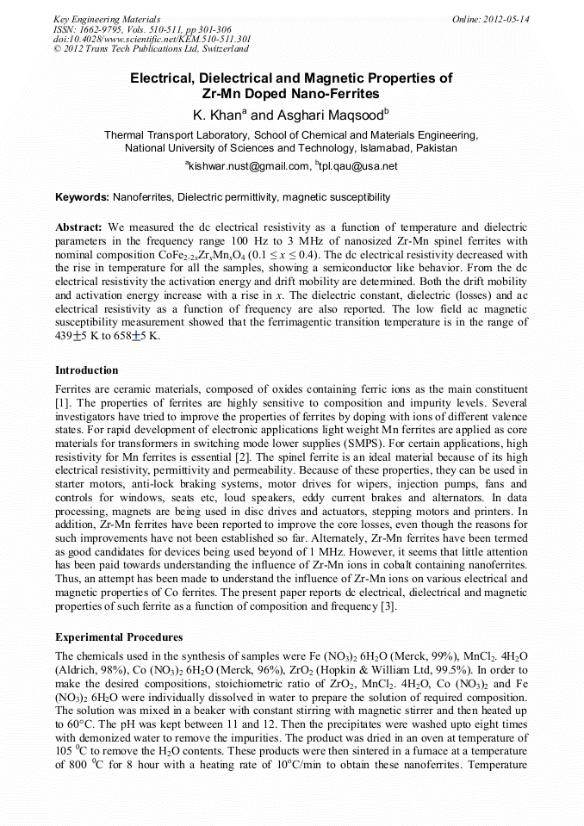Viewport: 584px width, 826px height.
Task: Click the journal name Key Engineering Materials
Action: [106, 19]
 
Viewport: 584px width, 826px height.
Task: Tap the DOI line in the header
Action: [152, 39]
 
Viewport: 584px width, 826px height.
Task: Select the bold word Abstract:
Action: [79, 227]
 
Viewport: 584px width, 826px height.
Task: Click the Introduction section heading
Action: [87, 370]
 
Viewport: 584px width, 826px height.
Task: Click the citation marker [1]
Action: [62, 403]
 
